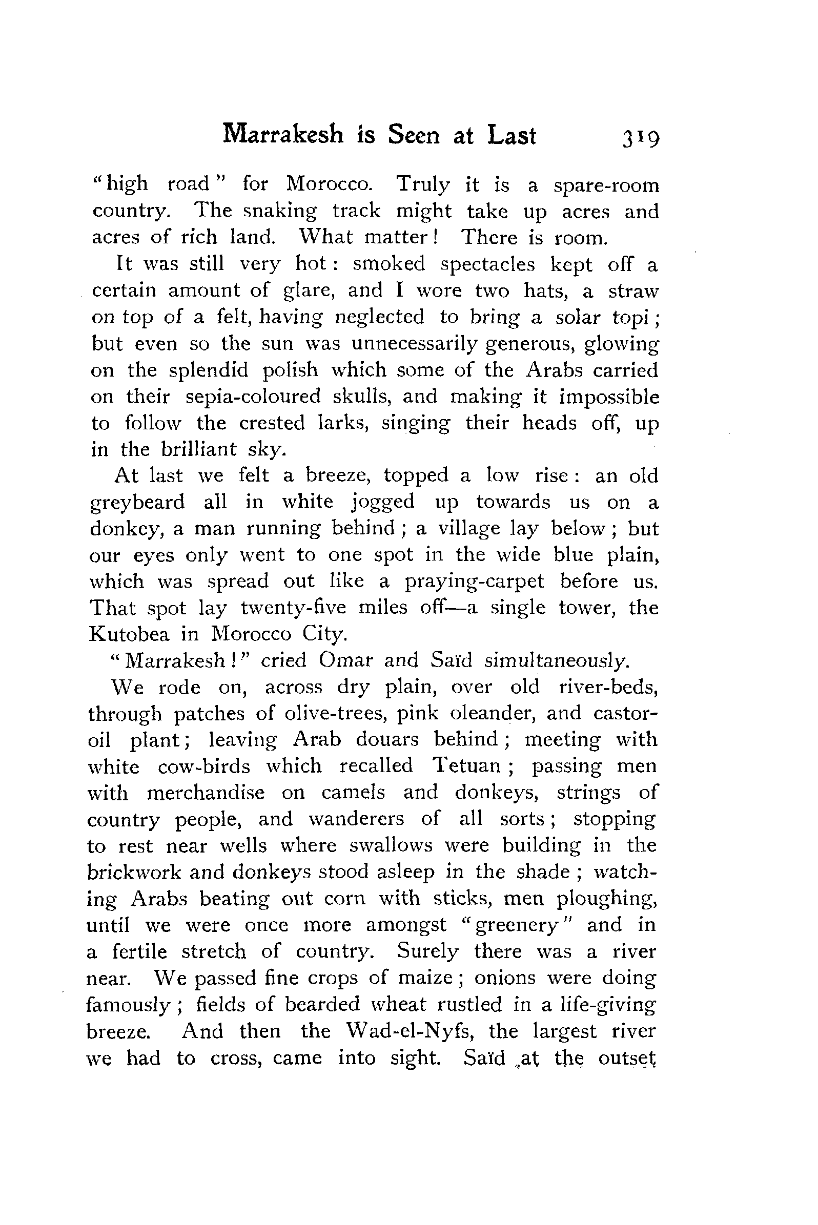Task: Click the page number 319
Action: pos(640,138)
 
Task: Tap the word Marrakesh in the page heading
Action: pos(283,135)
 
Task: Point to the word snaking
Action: pos(280,212)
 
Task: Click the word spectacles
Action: pos(487,265)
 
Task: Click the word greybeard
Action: pos(137,503)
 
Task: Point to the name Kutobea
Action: pos(129,635)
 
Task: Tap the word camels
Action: pos(353,793)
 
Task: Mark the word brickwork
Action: pos(134,872)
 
